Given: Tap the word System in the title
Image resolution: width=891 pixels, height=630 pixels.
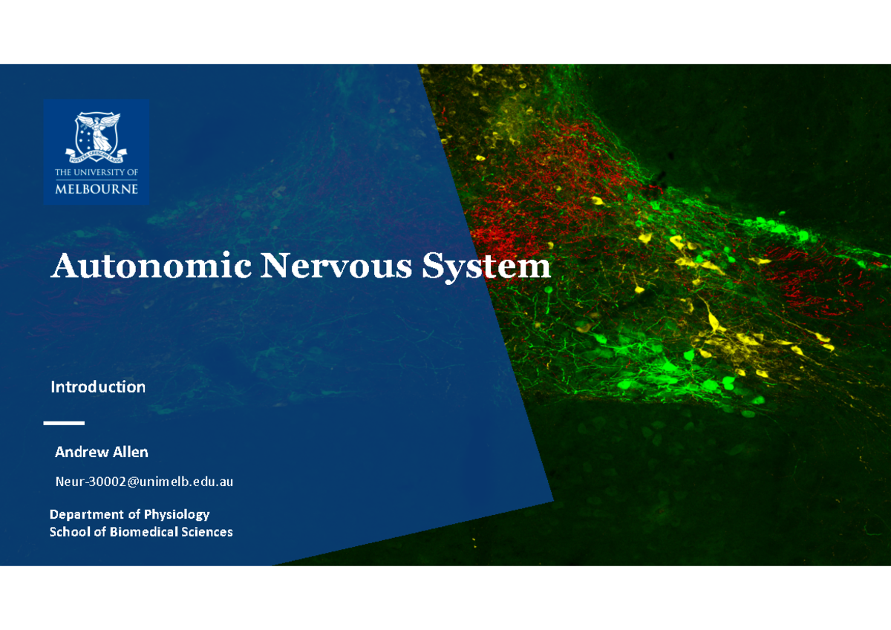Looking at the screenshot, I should (486, 266).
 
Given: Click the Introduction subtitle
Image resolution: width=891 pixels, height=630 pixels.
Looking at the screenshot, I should (97, 387).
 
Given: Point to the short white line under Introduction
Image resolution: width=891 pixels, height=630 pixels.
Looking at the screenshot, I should (64, 423).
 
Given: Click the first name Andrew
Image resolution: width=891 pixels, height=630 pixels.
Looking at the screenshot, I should (81, 452).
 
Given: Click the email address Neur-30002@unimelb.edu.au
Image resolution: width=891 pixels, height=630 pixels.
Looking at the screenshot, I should (144, 482).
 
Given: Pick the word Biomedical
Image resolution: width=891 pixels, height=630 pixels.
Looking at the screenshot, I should (143, 532).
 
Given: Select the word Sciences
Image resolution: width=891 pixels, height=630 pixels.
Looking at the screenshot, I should (207, 532).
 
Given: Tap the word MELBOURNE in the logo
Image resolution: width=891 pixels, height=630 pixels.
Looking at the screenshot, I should (97, 188).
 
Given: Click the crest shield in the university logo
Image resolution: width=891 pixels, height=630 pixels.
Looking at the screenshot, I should (97, 134).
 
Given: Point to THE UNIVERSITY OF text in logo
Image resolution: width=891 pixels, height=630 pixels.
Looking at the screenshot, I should (97, 172).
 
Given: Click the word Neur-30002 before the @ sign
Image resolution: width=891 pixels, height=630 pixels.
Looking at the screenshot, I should (86, 482).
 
